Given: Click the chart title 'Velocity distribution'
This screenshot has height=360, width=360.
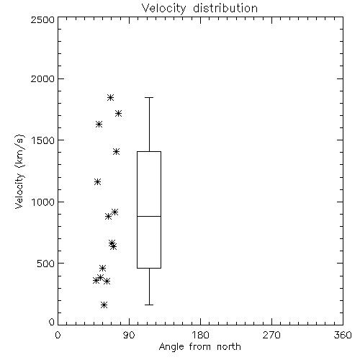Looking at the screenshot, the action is [199, 9].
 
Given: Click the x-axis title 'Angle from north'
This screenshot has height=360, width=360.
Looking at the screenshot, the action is [199, 346].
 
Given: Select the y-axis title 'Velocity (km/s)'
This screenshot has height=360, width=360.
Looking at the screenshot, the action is [19, 171].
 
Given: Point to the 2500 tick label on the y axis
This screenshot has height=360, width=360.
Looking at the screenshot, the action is [42, 19].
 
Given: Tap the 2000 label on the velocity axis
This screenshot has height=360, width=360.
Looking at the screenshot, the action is [42, 78].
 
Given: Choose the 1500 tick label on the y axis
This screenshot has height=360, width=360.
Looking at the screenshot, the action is [43, 140].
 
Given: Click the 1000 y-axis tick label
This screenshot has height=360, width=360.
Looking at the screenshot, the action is [43, 202].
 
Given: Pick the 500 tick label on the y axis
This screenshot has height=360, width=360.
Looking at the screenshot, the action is [46, 264].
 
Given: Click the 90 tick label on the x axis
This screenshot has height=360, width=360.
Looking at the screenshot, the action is [129, 335].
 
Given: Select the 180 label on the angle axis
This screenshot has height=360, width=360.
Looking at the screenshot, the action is [200, 335].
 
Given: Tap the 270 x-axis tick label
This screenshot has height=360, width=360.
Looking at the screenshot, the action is [271, 335].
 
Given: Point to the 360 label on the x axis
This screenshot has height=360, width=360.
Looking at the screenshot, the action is [343, 335].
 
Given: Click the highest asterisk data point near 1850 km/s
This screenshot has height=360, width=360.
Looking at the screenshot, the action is [110, 97].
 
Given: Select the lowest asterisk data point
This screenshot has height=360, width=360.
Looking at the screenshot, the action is [104, 305].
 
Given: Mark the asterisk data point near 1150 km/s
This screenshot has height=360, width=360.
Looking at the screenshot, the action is [97, 181].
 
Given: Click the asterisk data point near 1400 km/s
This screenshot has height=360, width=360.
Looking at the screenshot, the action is [117, 151].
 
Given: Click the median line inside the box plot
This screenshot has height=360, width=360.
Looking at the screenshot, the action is [149, 216].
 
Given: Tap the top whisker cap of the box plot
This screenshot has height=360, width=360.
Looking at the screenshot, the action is [149, 97].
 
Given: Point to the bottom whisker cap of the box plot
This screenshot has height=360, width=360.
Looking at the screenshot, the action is [149, 305].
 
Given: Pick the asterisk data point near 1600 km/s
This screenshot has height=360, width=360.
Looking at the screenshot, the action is [99, 124].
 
